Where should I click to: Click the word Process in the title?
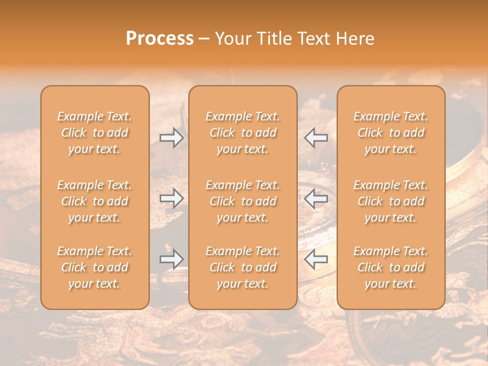tap(160, 39)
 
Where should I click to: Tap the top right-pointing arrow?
tap(172, 138)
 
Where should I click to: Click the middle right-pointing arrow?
tap(172, 198)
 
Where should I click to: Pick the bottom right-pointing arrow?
tap(172, 259)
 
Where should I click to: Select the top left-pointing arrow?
tap(316, 138)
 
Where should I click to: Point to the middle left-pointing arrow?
tap(316, 198)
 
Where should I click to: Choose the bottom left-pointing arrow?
tap(316, 259)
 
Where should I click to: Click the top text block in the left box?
tap(95, 133)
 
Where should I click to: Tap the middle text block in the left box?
tap(95, 201)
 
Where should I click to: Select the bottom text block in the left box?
tap(95, 267)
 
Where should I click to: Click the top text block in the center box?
tap(243, 133)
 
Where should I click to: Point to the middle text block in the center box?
tap(243, 201)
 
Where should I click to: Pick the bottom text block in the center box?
tap(243, 267)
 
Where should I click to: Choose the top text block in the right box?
tap(391, 133)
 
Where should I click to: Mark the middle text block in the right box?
tap(391, 201)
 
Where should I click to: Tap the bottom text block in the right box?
tap(391, 267)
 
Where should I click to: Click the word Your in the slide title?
tap(232, 39)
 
